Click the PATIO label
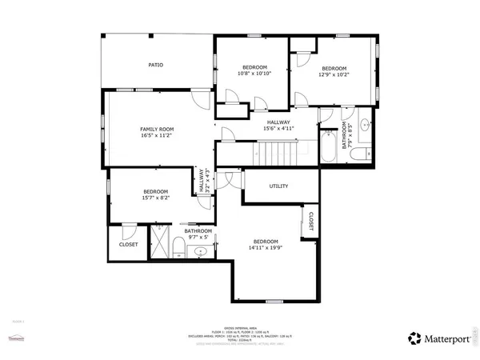tap(156, 64)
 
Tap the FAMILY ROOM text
tap(157, 129)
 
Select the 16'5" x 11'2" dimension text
tap(157, 136)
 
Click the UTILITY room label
tap(278, 186)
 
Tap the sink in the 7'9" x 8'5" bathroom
tap(365, 126)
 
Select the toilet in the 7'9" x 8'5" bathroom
tap(363, 152)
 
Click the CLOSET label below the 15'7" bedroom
tap(128, 244)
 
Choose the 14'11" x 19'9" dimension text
tap(265, 248)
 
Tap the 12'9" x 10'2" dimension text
tap(334, 75)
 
